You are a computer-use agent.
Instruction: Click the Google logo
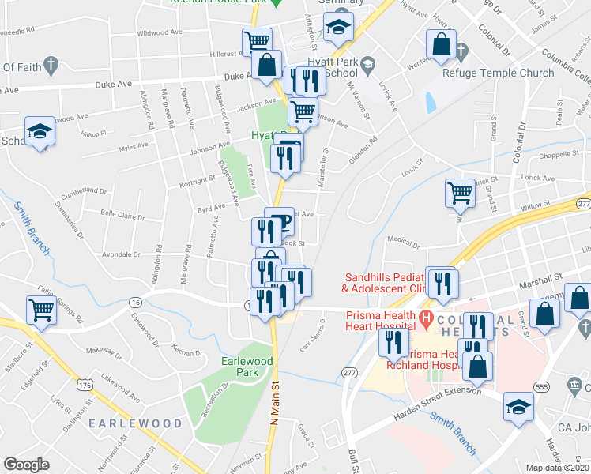pyautogui.click(x=26, y=465)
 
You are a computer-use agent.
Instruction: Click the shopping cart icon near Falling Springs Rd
pyautogui.click(x=41, y=310)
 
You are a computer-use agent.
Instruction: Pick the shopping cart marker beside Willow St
pyautogui.click(x=460, y=193)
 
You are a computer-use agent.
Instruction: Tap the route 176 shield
pyautogui.click(x=84, y=385)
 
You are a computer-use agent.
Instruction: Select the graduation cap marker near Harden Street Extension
pyautogui.click(x=518, y=407)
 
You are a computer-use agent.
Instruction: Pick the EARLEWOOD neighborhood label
pyautogui.click(x=134, y=423)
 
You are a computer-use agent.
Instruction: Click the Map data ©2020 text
pyautogui.click(x=555, y=468)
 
